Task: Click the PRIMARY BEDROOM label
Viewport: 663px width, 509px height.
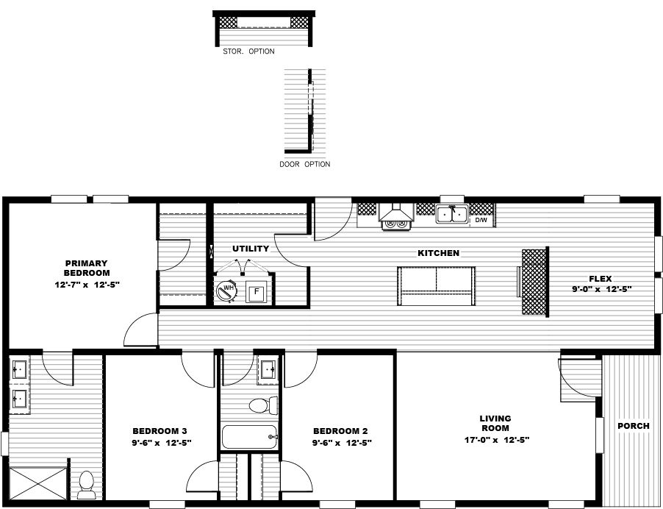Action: pyautogui.click(x=86, y=268)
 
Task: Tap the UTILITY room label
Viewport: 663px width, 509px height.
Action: pyautogui.click(x=251, y=249)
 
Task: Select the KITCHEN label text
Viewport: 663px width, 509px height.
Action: pyautogui.click(x=438, y=253)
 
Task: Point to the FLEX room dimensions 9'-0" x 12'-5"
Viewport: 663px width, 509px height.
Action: pyautogui.click(x=602, y=289)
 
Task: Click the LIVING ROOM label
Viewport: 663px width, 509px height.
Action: pyautogui.click(x=495, y=423)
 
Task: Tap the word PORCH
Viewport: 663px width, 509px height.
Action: pyautogui.click(x=633, y=426)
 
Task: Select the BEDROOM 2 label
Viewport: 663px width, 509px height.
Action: pyautogui.click(x=340, y=431)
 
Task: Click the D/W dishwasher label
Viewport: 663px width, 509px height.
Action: pyautogui.click(x=481, y=220)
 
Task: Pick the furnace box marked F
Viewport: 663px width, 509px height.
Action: pyautogui.click(x=257, y=292)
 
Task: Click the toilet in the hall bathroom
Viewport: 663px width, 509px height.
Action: pyautogui.click(x=262, y=405)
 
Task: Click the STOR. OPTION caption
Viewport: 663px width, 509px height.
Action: pyautogui.click(x=248, y=51)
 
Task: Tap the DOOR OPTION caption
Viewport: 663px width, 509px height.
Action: pyautogui.click(x=304, y=164)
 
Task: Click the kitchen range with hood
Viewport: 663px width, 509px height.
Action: pyautogui.click(x=395, y=216)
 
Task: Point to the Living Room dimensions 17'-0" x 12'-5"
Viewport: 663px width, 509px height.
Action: pyautogui.click(x=495, y=440)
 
